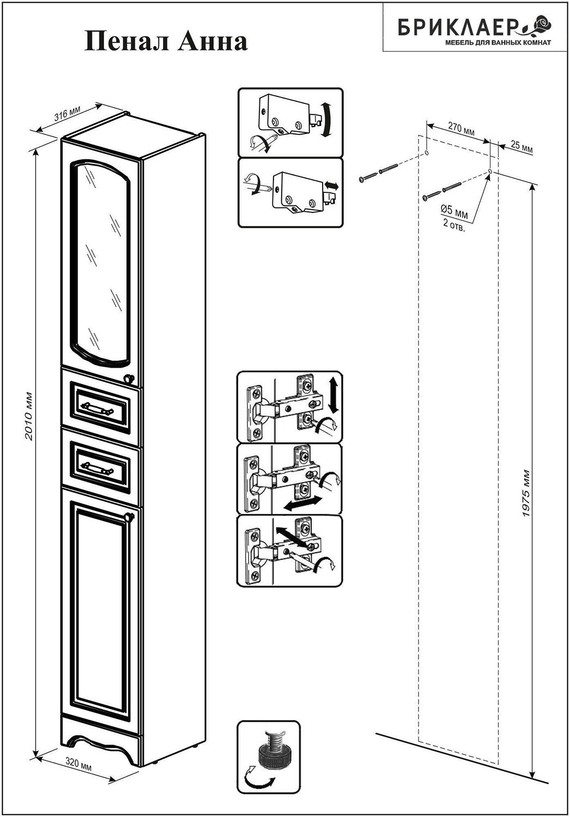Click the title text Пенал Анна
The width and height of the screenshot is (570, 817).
point(166,42)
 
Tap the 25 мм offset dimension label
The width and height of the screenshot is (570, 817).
point(522,148)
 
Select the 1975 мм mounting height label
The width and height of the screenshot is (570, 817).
point(525,493)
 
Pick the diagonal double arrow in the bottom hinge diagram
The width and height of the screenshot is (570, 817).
point(289,536)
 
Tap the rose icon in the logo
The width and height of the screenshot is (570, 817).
point(541,25)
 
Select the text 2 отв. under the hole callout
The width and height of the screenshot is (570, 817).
point(454,225)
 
